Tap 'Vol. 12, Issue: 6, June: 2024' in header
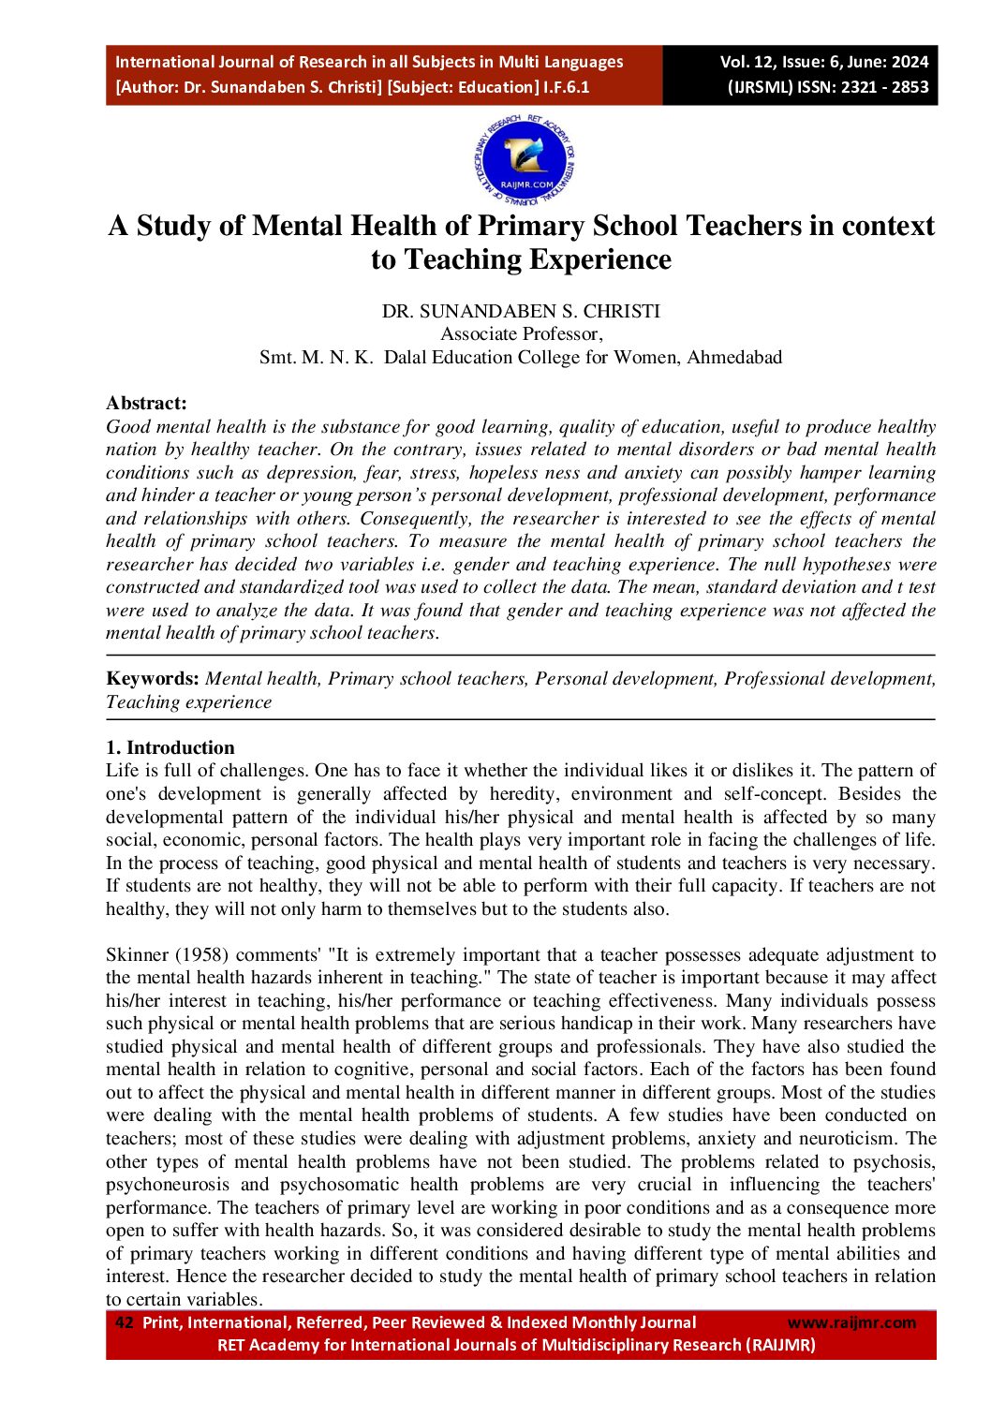823,62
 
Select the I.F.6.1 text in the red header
567,87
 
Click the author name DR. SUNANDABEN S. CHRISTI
521,311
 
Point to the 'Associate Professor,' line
521,334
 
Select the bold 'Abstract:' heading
146,403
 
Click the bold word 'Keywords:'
153,679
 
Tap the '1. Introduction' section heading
170,747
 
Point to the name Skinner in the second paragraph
137,954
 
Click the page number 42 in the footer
124,1322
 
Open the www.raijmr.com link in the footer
851,1322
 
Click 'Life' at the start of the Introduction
122,771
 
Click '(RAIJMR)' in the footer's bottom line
780,1345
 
